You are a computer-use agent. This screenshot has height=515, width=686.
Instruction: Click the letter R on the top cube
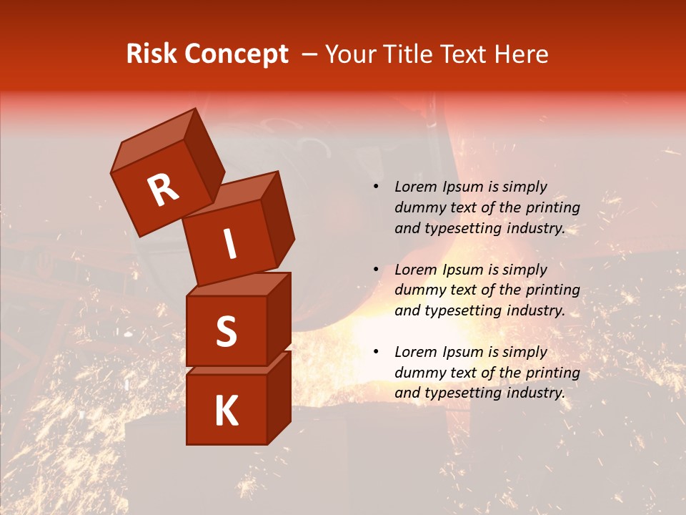pos(163,190)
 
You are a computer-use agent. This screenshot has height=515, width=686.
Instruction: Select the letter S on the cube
pos(226,331)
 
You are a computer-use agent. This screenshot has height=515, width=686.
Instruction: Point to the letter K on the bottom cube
pos(226,411)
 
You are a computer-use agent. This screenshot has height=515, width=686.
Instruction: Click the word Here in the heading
pos(521,54)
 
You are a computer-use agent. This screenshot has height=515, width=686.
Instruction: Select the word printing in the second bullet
pos(551,290)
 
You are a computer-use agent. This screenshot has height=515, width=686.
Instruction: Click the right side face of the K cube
pos(279,397)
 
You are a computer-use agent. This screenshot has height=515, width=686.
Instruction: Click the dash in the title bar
pos(310,54)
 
